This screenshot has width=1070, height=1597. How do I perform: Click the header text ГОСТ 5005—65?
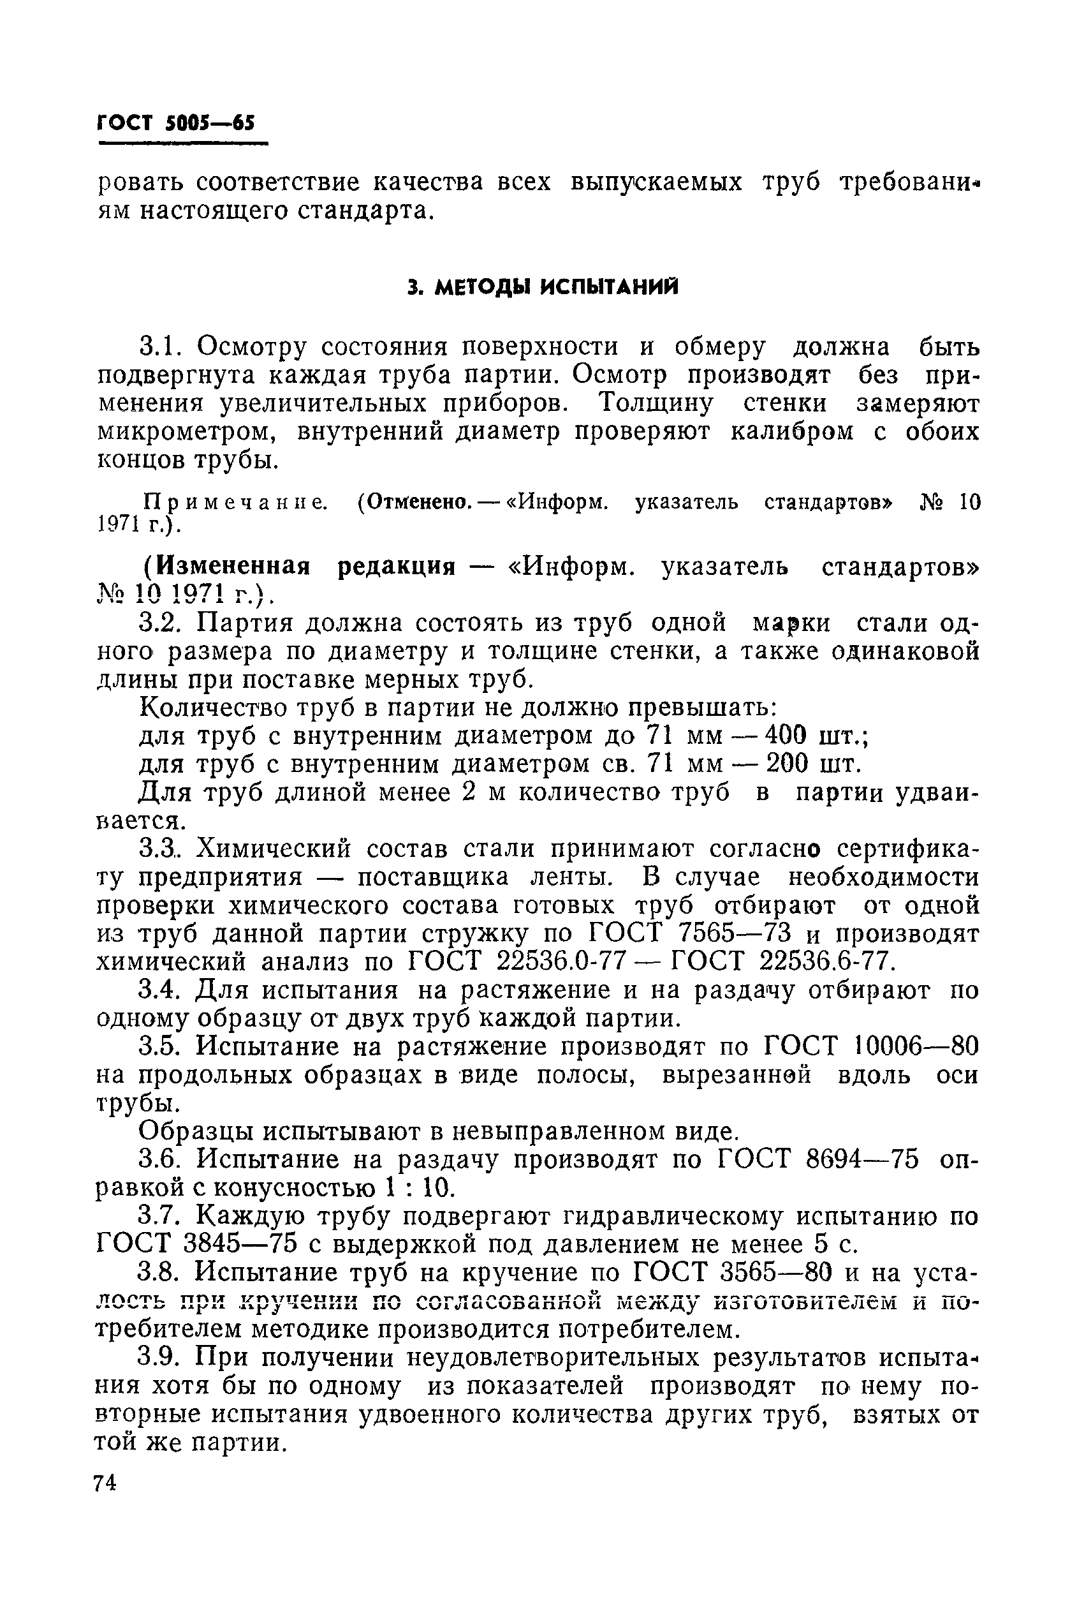pyautogui.click(x=175, y=124)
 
